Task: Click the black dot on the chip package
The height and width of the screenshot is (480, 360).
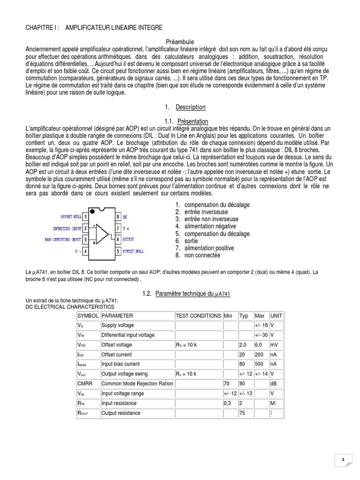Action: [x=92, y=212]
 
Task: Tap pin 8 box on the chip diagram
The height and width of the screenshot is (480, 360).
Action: [x=118, y=217]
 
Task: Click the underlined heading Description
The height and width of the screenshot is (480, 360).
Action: [x=190, y=108]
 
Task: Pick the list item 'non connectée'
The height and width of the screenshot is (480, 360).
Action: [x=202, y=255]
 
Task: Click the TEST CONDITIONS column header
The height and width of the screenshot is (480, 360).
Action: [x=198, y=316]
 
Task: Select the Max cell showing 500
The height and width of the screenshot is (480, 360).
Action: [x=260, y=364]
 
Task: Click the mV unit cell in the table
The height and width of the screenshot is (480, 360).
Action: [x=275, y=345]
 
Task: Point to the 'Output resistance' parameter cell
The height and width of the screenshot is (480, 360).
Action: [x=120, y=413]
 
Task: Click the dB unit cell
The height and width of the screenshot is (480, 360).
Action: [x=274, y=383]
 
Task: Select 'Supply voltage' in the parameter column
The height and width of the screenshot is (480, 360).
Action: [x=118, y=325]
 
